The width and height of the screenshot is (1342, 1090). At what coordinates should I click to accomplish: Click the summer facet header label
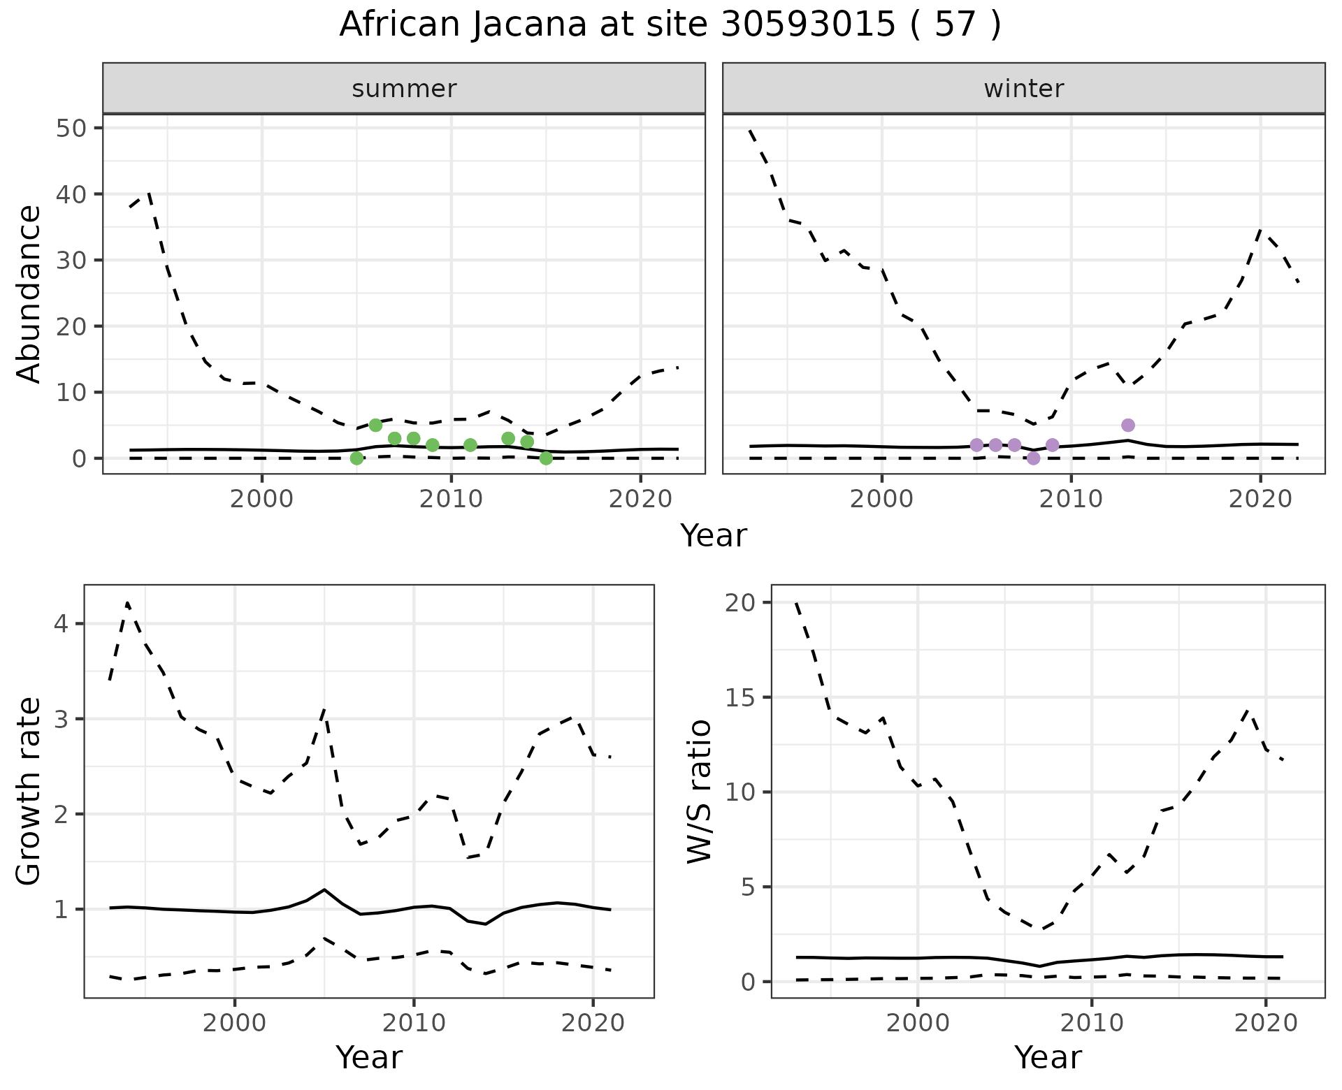(x=404, y=89)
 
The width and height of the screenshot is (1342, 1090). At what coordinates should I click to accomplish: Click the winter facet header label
(x=1023, y=89)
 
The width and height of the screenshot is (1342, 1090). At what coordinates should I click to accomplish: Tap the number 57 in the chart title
(x=955, y=25)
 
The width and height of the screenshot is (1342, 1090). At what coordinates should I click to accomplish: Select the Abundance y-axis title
(x=29, y=293)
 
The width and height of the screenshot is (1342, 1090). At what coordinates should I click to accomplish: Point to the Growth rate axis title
(x=29, y=792)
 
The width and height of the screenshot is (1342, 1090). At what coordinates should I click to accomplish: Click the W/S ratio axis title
(x=699, y=792)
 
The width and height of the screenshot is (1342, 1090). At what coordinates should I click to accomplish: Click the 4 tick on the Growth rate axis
(x=62, y=623)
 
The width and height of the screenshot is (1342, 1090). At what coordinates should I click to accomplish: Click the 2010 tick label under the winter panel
(x=1071, y=499)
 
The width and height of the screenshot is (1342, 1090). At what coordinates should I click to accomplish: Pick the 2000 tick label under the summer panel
(x=261, y=499)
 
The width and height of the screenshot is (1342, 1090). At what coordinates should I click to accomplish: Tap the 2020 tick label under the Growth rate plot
(x=593, y=1024)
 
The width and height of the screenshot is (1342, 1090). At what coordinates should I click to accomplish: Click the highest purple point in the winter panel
(x=1127, y=426)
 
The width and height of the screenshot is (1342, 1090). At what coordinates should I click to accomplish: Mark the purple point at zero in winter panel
(x=1033, y=458)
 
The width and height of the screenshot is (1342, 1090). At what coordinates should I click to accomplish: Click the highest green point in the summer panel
(x=375, y=426)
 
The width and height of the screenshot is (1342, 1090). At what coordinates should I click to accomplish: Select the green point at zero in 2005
(x=356, y=458)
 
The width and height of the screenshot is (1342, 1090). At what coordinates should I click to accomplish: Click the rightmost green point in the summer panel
(x=546, y=458)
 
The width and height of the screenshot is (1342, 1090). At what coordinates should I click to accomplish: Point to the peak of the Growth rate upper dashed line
(x=127, y=602)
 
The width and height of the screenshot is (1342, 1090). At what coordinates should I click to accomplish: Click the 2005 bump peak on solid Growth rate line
(x=324, y=889)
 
